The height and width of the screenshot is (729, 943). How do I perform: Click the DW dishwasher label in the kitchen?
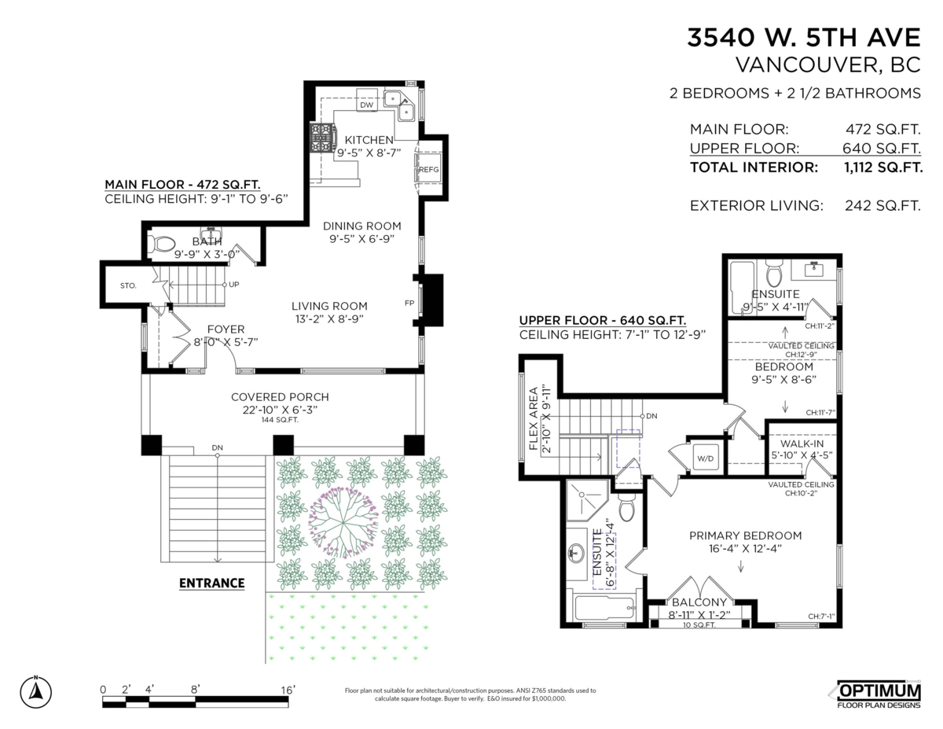tap(366, 105)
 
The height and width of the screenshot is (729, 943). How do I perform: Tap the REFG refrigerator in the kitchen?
tap(428, 169)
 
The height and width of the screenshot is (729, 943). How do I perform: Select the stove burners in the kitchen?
tap(322, 139)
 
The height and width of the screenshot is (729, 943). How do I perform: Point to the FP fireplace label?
tap(409, 302)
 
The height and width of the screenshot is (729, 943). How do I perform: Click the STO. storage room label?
tap(128, 285)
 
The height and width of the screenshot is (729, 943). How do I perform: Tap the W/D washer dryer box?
tap(703, 458)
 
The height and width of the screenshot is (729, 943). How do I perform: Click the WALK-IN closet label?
tap(802, 444)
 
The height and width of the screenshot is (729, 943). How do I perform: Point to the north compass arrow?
tap(36, 690)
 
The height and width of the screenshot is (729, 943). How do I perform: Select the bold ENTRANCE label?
tap(211, 584)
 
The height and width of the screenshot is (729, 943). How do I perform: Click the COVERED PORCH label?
tap(280, 397)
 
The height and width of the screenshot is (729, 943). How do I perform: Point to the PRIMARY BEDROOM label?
tap(745, 536)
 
